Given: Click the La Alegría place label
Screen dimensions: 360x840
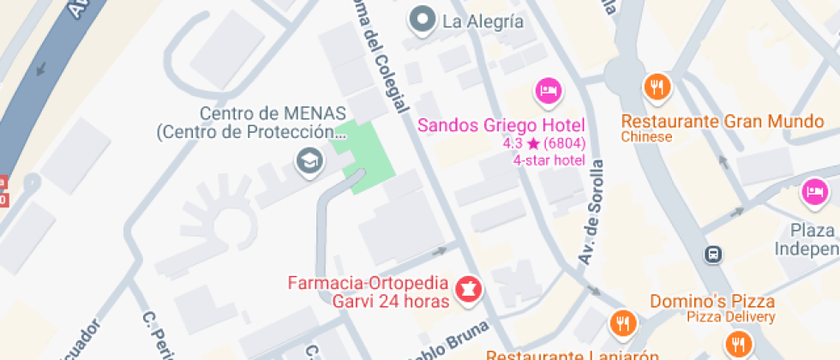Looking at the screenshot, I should [483, 21].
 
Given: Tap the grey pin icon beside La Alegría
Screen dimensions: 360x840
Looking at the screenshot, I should [422, 21].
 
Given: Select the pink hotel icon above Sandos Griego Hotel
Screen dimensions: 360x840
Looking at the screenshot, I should [548, 89].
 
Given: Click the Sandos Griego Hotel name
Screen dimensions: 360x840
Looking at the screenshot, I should [501, 125].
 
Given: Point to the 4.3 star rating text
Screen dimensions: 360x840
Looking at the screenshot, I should [544, 143].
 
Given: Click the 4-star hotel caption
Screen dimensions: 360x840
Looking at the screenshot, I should [549, 159].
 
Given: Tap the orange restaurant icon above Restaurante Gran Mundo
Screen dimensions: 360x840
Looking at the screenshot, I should [657, 86].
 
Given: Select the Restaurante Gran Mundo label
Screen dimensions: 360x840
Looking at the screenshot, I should [722, 121].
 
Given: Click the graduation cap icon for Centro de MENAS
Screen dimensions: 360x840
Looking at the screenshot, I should [307, 159].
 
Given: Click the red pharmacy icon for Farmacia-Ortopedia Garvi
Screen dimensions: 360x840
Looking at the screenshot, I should [468, 288].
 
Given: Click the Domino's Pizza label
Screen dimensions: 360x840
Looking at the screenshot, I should [712, 301].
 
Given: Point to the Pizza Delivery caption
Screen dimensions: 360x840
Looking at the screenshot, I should [731, 317].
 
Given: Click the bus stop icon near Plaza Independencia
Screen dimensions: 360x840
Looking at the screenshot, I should [713, 254].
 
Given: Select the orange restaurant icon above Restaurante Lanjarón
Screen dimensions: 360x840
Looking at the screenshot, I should [622, 324].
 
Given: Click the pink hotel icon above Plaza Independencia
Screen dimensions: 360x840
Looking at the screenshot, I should [813, 190].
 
